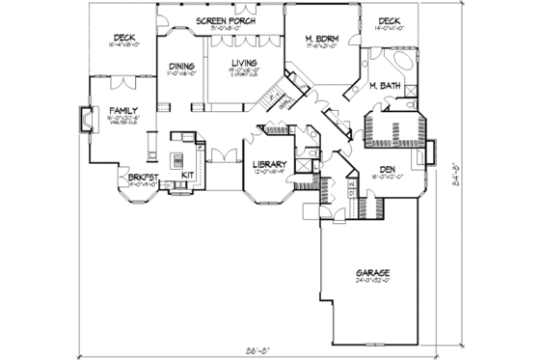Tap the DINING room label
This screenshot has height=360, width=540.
coord(182,64)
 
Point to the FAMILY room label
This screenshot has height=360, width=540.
coord(121,111)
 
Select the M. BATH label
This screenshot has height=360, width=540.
coord(385,86)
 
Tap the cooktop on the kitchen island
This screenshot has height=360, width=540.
coord(178,156)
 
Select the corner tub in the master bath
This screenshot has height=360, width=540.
coord(402,64)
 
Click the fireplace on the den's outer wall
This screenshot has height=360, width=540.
coord(431,152)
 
